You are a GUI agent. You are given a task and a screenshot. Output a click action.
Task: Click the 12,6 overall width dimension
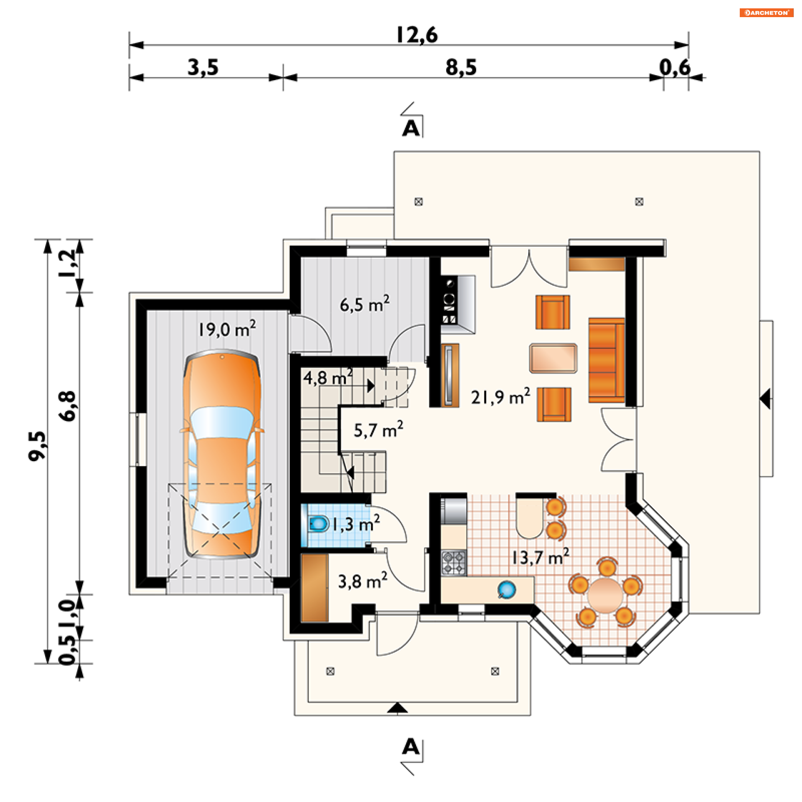tap(416, 35)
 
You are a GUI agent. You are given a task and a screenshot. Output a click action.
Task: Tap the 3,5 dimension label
tap(203, 68)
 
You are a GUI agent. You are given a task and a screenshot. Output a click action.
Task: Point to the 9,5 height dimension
tap(37, 446)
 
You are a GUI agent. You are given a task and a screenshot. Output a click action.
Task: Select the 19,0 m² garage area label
tap(227, 329)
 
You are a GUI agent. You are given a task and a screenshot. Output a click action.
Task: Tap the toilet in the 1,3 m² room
tap(318, 523)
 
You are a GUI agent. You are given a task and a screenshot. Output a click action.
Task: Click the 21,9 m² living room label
tap(500, 396)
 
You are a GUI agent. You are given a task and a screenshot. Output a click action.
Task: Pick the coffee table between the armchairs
tap(553, 358)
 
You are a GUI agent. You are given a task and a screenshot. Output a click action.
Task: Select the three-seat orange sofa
tap(607, 360)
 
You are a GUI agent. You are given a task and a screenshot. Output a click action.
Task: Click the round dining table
tap(605, 595)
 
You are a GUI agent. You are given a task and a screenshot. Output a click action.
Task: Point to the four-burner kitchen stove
tap(454, 562)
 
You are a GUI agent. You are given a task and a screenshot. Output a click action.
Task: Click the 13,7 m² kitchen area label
tap(541, 557)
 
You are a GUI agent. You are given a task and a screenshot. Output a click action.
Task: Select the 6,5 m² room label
tap(364, 304)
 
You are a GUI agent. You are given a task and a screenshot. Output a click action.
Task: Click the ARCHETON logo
tap(766, 13)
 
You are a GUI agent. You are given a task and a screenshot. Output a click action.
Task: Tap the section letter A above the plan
tap(411, 129)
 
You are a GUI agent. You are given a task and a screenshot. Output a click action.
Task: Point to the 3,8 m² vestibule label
tap(362, 581)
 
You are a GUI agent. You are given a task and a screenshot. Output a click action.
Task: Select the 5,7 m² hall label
tap(378, 429)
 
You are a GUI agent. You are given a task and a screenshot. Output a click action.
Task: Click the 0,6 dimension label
tap(675, 68)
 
